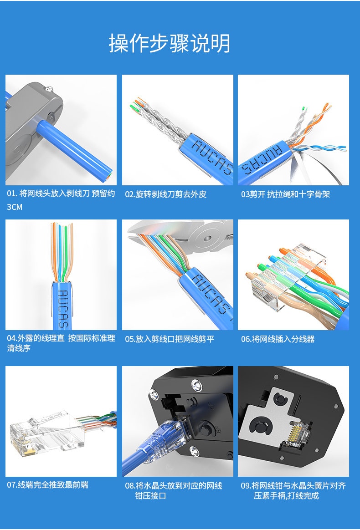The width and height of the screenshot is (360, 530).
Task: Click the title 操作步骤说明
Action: pos(170,43)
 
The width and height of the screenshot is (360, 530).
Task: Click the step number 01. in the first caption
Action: pos(12,194)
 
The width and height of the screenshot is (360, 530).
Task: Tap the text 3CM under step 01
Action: pos(15,207)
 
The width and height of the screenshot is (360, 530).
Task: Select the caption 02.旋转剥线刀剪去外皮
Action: pos(166,194)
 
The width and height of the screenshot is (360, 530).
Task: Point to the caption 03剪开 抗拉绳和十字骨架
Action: pos(285,194)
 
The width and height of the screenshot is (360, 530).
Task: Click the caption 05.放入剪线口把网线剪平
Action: pos(170,339)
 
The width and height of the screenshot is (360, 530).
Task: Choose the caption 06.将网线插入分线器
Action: pos(278,339)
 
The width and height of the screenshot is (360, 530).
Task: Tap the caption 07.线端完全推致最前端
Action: pos(48,485)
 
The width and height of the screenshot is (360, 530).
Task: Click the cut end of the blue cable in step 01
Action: pos(108,176)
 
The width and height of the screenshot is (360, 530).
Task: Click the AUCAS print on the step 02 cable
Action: pos(212,158)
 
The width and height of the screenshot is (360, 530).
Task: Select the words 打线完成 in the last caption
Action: pos(304,496)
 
